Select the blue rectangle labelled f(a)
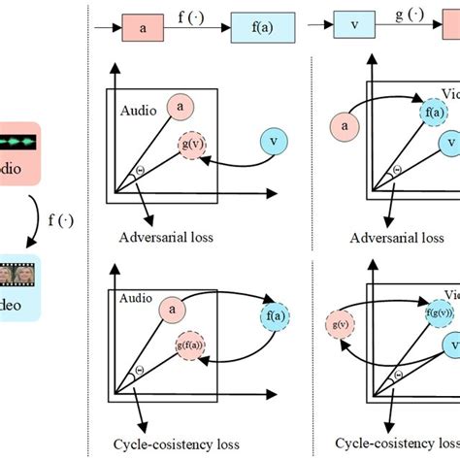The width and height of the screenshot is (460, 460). [x=258, y=29]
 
